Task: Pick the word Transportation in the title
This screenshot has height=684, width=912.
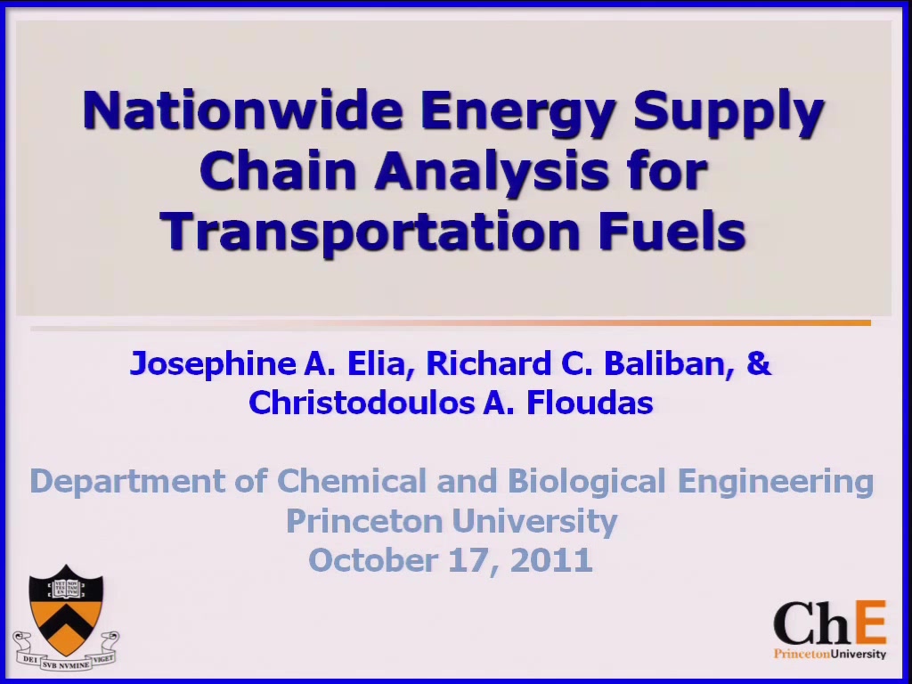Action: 370,232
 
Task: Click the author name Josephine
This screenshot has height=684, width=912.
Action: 213,364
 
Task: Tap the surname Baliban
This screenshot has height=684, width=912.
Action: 669,363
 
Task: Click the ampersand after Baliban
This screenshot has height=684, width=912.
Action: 759,363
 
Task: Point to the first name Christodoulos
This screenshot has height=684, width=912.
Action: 362,402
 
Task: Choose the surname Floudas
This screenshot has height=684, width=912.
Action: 590,402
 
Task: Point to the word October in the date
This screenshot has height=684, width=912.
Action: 373,560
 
